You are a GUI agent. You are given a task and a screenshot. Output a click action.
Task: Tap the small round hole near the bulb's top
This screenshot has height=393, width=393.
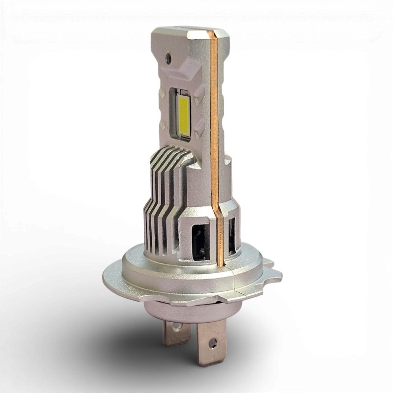coord(169,57)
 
